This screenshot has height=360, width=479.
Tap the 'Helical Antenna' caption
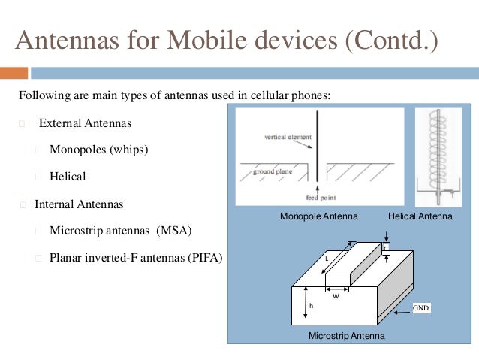[420, 216]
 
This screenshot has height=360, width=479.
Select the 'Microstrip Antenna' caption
[346, 335]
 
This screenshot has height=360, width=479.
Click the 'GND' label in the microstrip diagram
[421, 307]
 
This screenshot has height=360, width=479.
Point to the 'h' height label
[311, 306]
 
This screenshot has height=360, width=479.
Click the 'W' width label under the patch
[336, 295]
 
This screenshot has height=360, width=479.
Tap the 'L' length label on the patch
[327, 258]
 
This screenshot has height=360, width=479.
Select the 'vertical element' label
[283, 138]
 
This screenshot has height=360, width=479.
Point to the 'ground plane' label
[272, 171]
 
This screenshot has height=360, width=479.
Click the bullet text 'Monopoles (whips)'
[98, 149]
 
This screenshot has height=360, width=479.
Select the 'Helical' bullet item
[68, 177]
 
